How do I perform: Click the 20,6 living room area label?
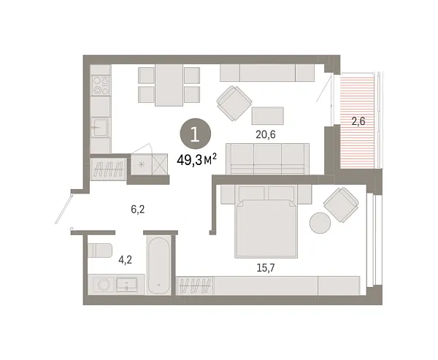(x=266, y=134)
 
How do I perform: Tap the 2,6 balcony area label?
(x=358, y=121)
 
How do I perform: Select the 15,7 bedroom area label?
(x=266, y=268)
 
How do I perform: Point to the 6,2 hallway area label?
(x=138, y=209)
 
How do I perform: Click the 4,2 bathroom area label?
(x=125, y=260)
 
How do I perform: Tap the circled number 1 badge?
(x=195, y=134)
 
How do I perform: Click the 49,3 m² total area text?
(x=196, y=161)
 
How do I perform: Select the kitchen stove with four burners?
(x=101, y=85)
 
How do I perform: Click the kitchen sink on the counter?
(x=100, y=128)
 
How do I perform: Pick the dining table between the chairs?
(x=169, y=85)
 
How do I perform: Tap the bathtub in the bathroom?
(x=159, y=265)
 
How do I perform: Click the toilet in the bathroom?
(x=100, y=250)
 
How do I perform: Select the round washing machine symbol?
(x=104, y=285)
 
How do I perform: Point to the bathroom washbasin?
(x=126, y=285)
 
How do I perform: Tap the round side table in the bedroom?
(x=320, y=223)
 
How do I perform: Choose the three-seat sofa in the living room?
(x=268, y=158)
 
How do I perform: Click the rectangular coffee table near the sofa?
(x=268, y=115)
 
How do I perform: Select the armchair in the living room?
(x=234, y=103)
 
